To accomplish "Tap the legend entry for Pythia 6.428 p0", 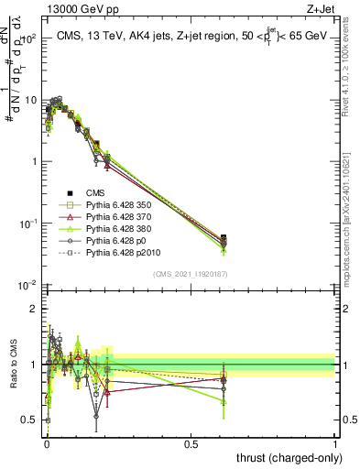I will [x=115, y=248].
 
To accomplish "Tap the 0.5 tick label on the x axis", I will [x=190, y=444].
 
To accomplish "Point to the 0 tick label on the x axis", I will [x=46, y=444].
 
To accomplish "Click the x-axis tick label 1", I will [x=334, y=444].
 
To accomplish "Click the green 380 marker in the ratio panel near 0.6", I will [x=224, y=401].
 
